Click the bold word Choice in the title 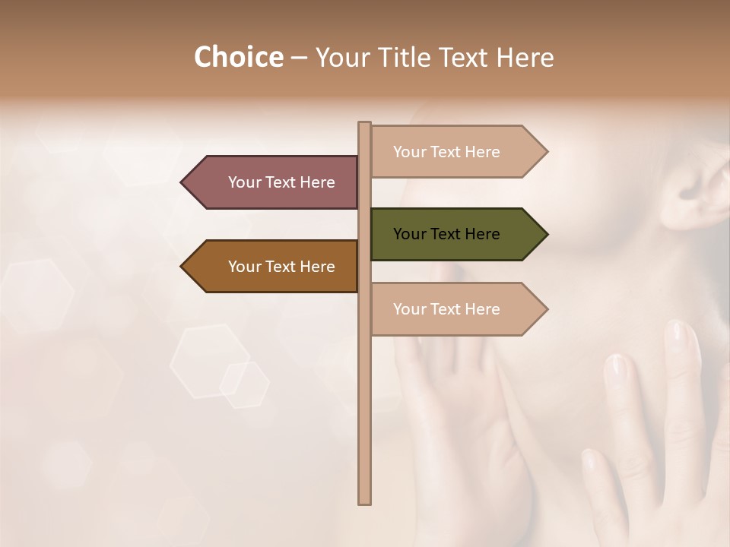[238, 58]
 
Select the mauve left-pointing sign [270, 182]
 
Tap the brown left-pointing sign [270, 267]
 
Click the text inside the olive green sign [446, 234]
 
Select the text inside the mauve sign [281, 182]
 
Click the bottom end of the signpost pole [364, 501]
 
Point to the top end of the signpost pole [364, 124]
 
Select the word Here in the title [525, 58]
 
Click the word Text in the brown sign [281, 267]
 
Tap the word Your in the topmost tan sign [409, 152]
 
